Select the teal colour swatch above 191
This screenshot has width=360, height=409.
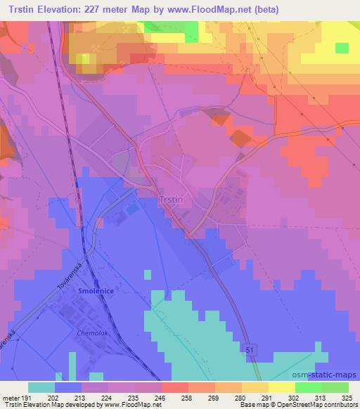41,387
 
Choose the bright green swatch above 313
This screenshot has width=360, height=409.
308,387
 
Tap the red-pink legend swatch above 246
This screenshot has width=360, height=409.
174,387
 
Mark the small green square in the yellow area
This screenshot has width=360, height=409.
342,48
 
